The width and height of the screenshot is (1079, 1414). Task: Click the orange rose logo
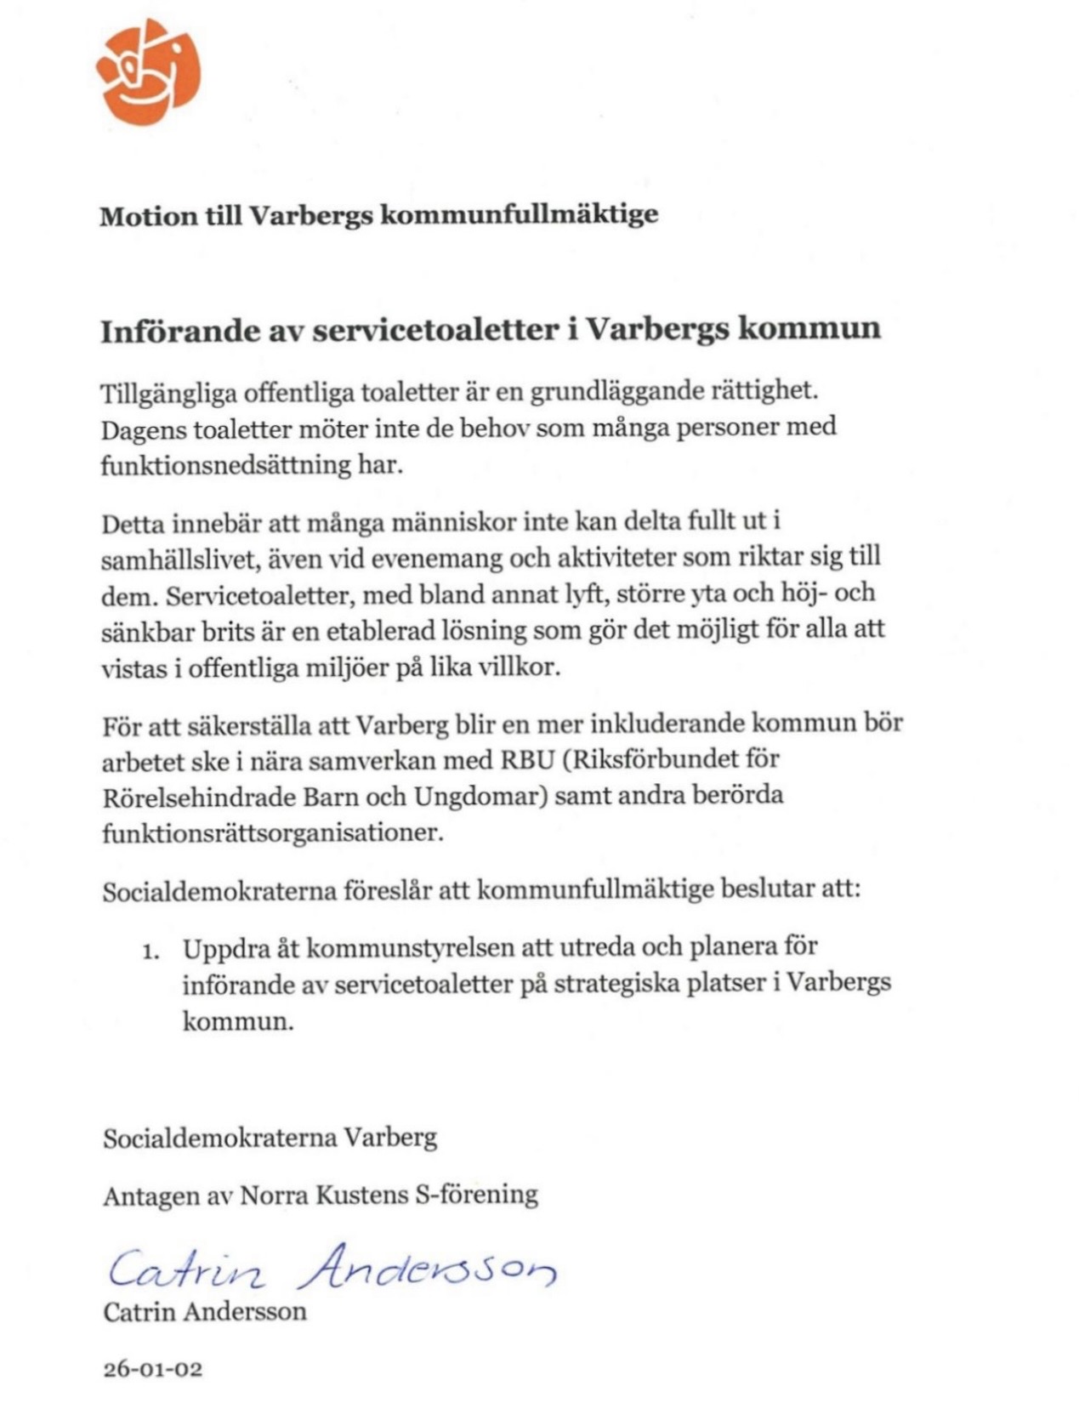point(148,71)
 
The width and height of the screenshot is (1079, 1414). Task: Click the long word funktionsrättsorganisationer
point(272,832)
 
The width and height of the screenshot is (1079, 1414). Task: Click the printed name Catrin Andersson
point(204,1311)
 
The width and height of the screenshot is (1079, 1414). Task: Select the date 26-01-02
point(152,1369)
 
